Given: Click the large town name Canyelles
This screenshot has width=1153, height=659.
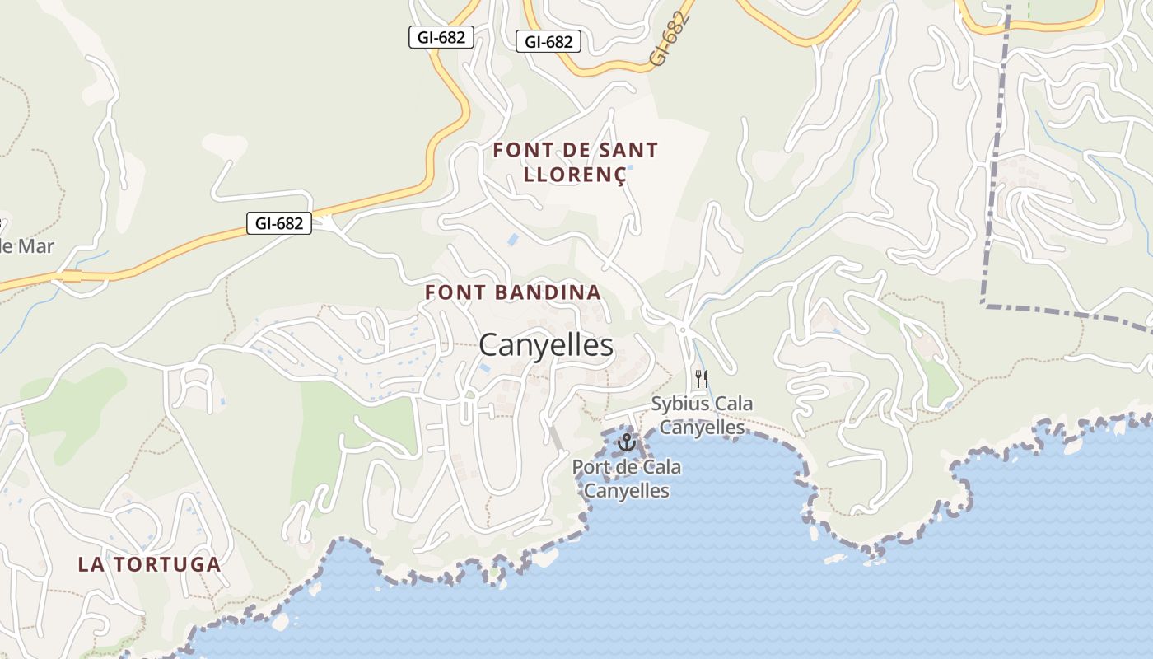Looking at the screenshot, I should coord(546,345).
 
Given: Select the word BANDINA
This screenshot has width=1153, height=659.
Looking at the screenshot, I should coord(548,292).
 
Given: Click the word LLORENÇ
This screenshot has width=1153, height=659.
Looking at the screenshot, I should coord(574,175).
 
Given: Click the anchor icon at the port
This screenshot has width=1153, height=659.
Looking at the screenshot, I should coord(627,442).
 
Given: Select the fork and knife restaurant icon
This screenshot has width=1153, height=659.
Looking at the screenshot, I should coord(702,379).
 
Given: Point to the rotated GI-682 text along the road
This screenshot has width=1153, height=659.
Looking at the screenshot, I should coord(668,40).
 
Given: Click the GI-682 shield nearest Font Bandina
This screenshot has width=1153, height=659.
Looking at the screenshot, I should coord(279,223).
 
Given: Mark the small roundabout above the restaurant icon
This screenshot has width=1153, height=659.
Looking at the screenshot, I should coord(683,329).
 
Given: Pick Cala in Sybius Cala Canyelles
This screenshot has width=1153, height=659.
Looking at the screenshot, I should coord(734,404).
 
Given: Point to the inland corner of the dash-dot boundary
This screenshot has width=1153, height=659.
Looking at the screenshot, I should coord(985,305).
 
